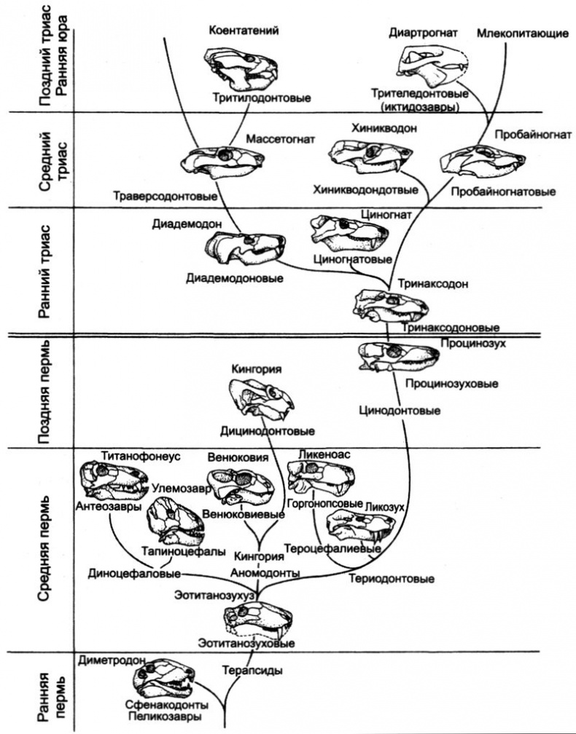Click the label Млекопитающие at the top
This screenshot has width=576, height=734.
[x=512, y=33]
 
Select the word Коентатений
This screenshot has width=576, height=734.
[x=244, y=30]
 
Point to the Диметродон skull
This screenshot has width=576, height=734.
[x=164, y=681]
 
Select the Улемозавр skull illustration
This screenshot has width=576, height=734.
[x=175, y=521]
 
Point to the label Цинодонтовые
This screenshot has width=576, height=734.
[x=400, y=411]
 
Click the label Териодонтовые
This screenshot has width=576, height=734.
[x=391, y=579]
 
